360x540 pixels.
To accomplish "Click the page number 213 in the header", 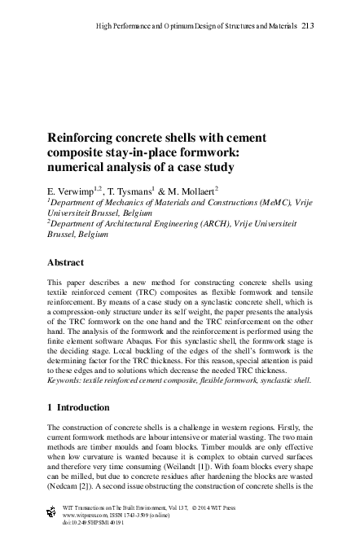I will coord(307,26).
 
